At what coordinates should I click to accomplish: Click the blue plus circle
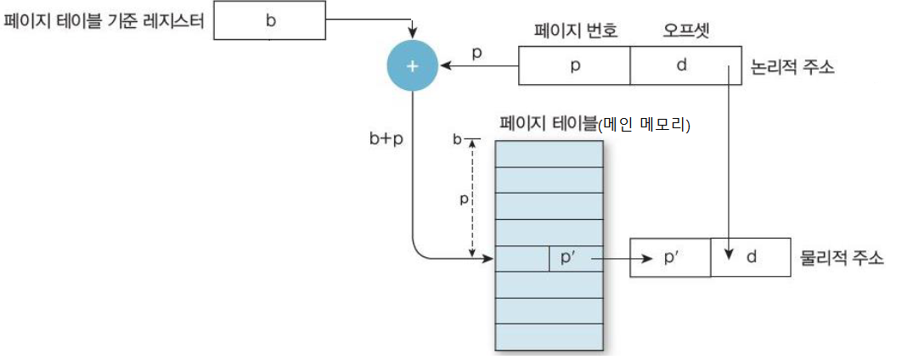tap(412, 66)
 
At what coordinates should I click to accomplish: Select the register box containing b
tap(270, 21)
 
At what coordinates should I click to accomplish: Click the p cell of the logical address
tap(574, 66)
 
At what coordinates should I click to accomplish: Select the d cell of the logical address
tap(681, 66)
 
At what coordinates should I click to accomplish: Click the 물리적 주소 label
tap(841, 256)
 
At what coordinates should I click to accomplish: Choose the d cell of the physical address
tap(751, 256)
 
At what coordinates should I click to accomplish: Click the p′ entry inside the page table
tap(567, 257)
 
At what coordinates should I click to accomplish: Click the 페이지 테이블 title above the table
tap(549, 125)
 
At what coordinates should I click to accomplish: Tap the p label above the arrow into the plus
tap(476, 52)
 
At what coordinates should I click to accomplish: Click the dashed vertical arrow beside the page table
tap(471, 200)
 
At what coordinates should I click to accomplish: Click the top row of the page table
tap(549, 153)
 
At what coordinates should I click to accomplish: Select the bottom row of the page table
tap(549, 337)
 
